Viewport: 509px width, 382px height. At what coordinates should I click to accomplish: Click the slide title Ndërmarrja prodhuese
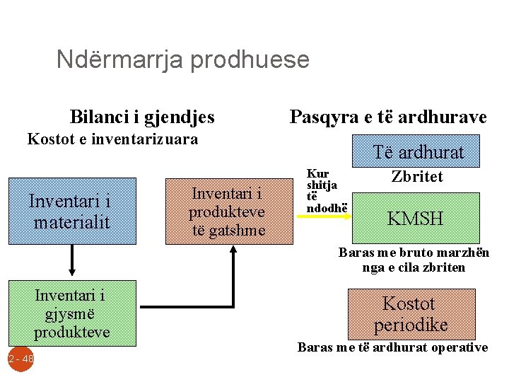pos(182,59)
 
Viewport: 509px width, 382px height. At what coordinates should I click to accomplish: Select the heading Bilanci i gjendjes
pos(142,117)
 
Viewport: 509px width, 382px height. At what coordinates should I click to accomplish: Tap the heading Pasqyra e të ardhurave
pos(388,117)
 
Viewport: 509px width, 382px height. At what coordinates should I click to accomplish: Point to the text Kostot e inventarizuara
pos(112,139)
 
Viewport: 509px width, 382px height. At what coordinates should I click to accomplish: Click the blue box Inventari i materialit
pos(71,212)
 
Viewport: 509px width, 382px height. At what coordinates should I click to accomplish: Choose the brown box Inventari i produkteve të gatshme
pos(228,212)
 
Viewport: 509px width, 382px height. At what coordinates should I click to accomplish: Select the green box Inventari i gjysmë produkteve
pos(71,313)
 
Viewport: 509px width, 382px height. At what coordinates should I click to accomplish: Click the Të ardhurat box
pos(419,152)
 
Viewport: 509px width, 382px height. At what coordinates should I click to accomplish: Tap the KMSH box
pos(415,219)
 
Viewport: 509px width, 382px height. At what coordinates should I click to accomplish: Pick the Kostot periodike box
pos(410,313)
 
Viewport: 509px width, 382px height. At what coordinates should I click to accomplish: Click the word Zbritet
pos(417,177)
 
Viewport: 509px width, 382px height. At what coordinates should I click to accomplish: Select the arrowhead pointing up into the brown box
pos(233,253)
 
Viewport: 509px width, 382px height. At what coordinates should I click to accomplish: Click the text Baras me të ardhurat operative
pos(392,347)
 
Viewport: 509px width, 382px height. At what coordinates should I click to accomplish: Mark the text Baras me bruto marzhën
pos(414,253)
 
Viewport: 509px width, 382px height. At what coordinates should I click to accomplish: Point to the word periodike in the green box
pos(410,325)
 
